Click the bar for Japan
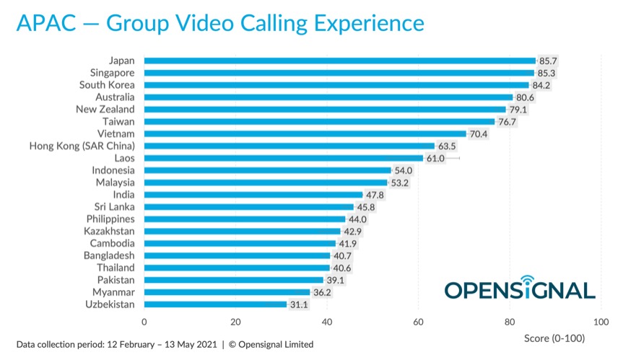[x=339, y=61]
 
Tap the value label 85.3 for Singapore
[x=547, y=73]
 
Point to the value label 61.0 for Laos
[x=436, y=158]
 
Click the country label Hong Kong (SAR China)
[x=82, y=146]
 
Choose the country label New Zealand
[x=105, y=109]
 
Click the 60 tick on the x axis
[x=418, y=321]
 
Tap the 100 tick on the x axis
[x=601, y=321]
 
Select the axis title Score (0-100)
[x=554, y=338]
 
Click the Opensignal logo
[x=519, y=287]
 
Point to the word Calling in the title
[x=287, y=23]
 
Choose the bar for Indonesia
[x=267, y=170]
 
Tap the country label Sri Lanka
[x=114, y=206]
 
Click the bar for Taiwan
[x=319, y=121]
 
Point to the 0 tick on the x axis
[x=144, y=321]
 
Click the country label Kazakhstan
[x=108, y=231]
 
